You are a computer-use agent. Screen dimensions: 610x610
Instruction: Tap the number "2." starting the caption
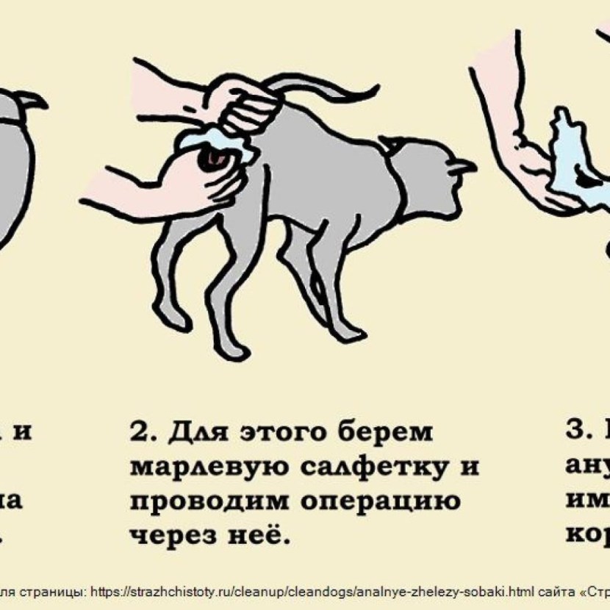pos(146,432)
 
